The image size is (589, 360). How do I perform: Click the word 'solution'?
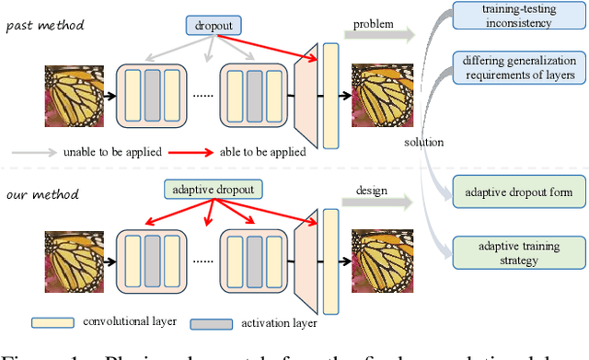tap(423, 143)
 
